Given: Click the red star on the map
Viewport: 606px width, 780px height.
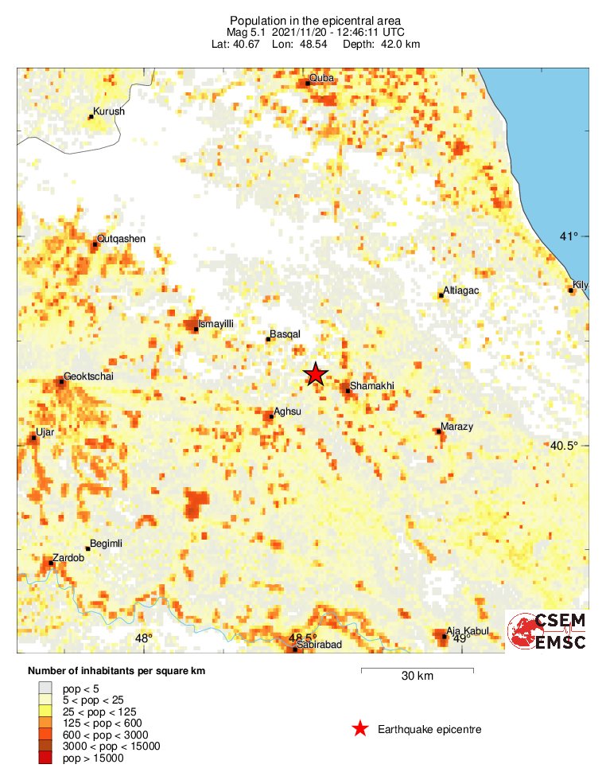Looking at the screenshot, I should (316, 373).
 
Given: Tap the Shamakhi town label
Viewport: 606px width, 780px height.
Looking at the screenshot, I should (372, 385).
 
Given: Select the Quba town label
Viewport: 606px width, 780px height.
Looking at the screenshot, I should (321, 77).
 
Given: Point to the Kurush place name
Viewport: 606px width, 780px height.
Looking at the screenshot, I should (109, 111).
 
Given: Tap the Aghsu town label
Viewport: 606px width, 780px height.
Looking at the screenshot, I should (287, 411).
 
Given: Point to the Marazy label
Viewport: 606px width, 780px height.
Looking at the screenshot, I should (456, 427).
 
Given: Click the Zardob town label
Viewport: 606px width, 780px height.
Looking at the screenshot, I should (68, 558).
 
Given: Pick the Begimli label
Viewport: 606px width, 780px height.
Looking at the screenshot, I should (107, 544).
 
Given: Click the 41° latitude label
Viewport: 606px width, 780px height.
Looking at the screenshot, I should (568, 236).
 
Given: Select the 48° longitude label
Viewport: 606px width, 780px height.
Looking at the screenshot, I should (143, 638).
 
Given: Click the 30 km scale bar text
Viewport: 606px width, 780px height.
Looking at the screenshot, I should (417, 677).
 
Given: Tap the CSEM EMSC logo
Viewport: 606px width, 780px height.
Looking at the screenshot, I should (548, 631).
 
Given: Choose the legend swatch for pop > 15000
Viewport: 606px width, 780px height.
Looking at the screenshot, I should (46, 758).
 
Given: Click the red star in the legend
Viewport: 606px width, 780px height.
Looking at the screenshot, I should (360, 728).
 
